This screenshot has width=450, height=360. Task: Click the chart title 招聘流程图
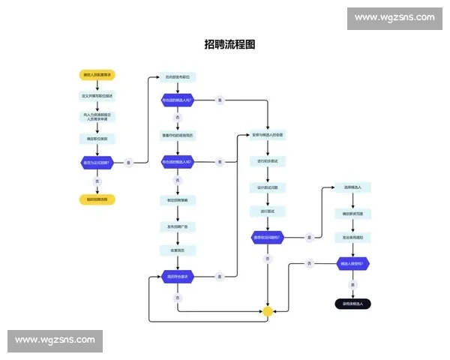[229, 44]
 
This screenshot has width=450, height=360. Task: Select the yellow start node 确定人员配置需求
[96, 75]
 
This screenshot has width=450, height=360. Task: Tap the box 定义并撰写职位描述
[96, 96]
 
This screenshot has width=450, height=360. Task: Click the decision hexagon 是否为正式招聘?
[96, 162]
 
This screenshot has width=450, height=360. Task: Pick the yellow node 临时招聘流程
[96, 199]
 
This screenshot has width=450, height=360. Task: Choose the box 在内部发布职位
[177, 76]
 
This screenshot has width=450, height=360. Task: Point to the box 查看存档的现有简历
[177, 136]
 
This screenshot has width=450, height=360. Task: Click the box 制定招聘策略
[177, 200]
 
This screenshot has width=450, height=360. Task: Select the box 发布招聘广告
[177, 226]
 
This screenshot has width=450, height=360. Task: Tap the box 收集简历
[177, 250]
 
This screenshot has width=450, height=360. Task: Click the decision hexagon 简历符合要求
[177, 277]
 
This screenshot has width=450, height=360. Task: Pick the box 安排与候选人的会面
[268, 135]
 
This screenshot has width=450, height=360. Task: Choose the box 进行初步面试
[268, 160]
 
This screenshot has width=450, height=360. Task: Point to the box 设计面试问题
[268, 187]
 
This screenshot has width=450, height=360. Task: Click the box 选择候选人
[352, 187]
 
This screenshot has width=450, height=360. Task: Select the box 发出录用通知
[352, 237]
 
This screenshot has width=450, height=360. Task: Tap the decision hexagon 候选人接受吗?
[352, 264]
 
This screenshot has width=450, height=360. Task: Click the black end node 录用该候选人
[352, 304]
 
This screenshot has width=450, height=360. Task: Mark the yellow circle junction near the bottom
[268, 310]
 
